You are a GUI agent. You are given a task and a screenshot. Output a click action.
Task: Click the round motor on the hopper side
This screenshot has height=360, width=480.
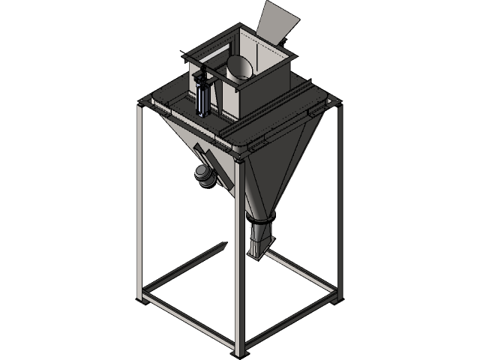(203, 175)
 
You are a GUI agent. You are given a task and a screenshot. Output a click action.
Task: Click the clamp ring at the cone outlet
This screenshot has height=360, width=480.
(262, 218)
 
